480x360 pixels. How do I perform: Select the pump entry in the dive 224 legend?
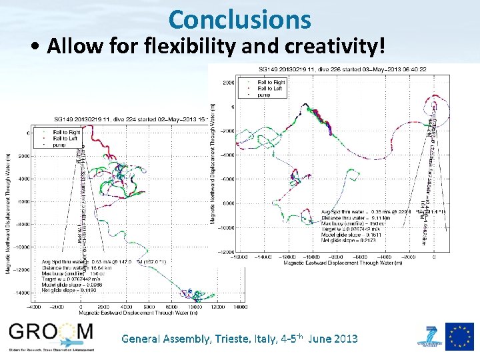point(60,144)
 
